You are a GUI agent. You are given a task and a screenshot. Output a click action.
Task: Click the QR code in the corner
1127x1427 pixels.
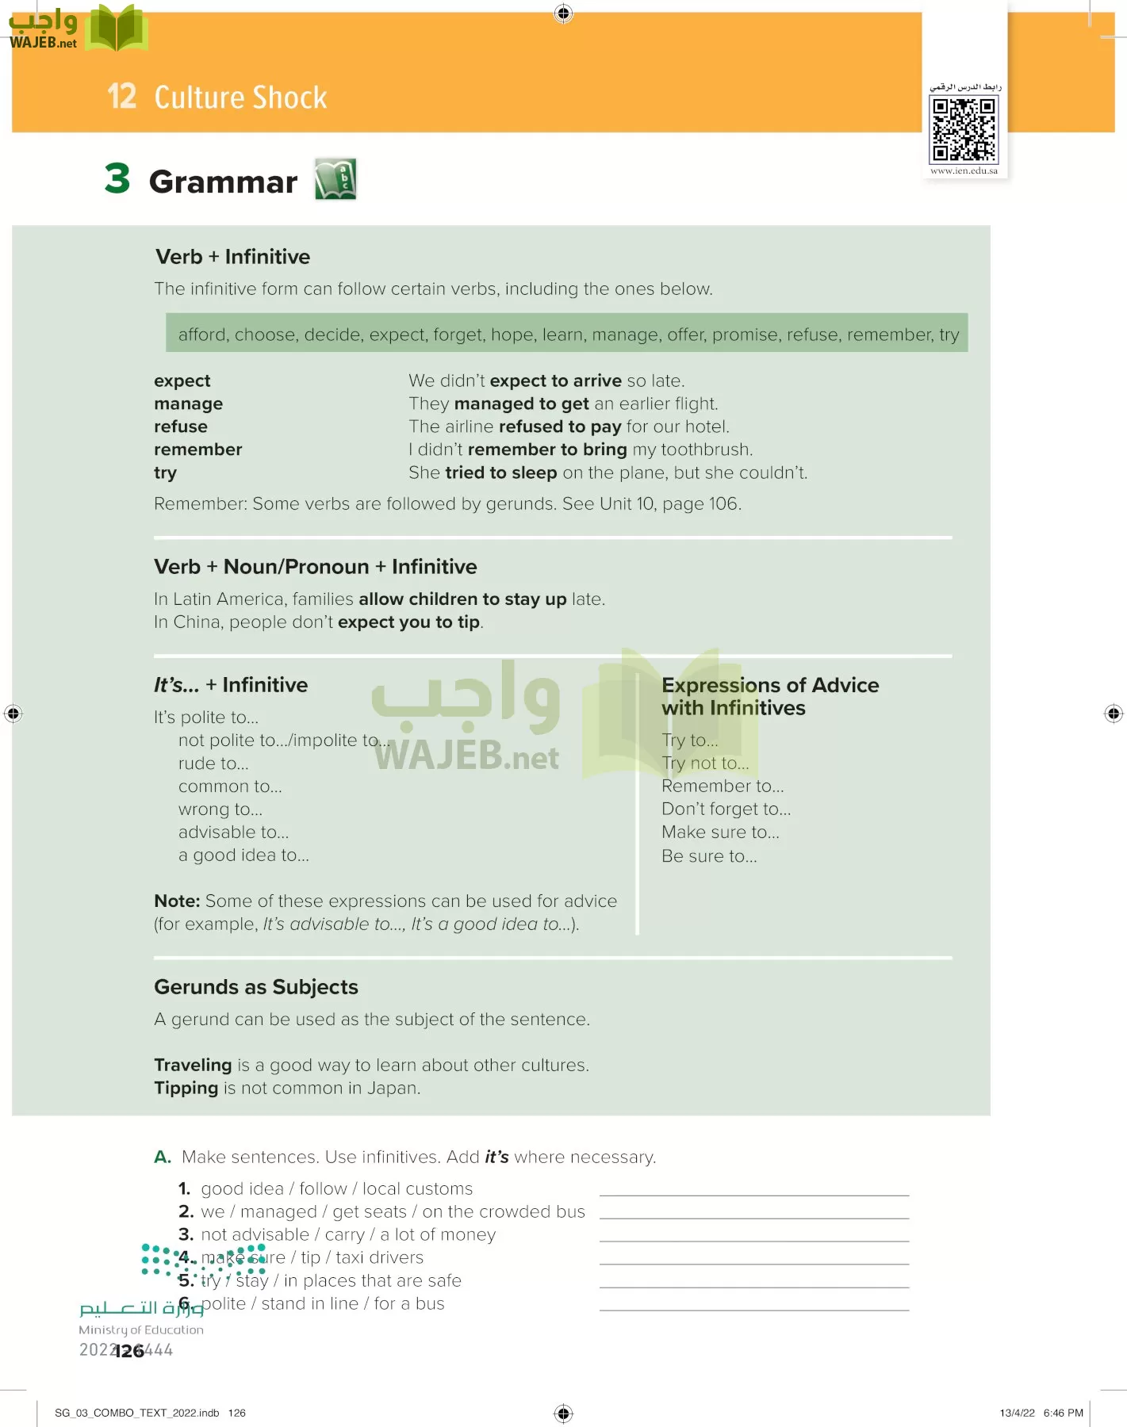point(964,129)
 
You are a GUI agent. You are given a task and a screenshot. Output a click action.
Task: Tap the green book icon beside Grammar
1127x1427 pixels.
point(335,179)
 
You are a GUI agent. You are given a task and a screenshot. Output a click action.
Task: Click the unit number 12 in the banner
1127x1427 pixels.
point(122,97)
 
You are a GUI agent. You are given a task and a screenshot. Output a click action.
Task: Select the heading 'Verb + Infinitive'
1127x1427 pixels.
point(232,257)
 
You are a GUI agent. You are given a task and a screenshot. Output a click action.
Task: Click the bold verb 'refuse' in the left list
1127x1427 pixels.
point(181,427)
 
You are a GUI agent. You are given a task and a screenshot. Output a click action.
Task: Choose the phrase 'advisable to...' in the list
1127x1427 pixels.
point(233,832)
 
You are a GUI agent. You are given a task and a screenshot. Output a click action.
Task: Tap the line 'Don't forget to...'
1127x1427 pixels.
point(726,809)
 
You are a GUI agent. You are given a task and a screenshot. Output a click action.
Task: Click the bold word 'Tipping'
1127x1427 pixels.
point(186,1088)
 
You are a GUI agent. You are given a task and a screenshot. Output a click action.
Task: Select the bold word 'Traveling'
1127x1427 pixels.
point(193,1065)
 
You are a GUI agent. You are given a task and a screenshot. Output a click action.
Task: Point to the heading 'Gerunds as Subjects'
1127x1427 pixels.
point(255,987)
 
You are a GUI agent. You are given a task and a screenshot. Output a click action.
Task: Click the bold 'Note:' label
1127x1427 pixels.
point(177,901)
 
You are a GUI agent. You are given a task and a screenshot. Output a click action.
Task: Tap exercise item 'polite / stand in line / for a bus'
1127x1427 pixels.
point(322,1303)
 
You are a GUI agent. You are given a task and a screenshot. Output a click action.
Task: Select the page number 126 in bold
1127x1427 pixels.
point(129,1351)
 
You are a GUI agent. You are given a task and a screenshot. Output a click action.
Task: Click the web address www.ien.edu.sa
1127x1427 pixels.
point(964,170)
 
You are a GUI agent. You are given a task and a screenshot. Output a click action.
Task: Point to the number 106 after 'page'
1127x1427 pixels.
point(723,504)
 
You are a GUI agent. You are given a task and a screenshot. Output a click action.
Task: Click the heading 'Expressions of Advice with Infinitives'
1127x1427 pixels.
point(769,696)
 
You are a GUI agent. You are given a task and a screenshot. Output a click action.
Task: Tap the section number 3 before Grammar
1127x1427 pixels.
point(117,178)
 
